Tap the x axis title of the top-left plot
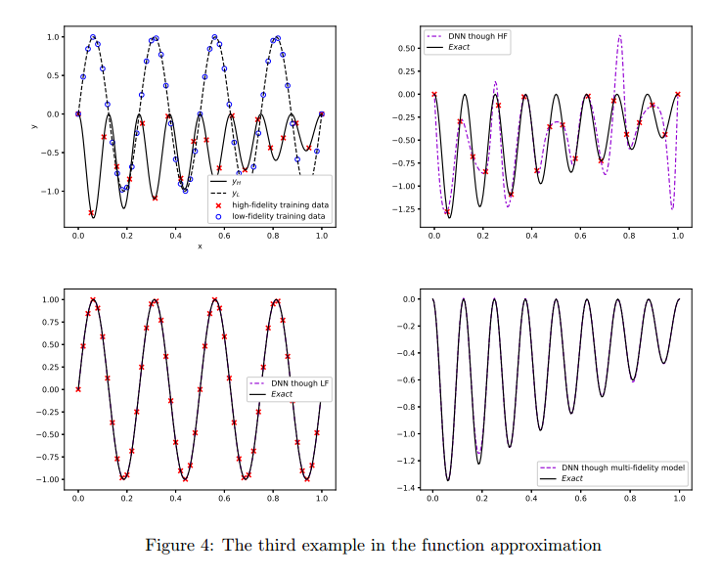(200, 246)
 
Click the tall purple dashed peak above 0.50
(619, 37)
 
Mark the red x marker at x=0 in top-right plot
(434, 94)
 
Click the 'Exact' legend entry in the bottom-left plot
(287, 394)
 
